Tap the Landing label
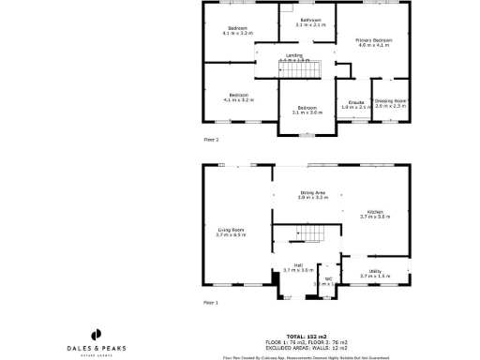tap(293, 57)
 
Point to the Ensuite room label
tap(356, 104)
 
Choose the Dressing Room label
tap(390, 103)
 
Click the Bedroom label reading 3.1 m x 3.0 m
tap(307, 110)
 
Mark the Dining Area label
tap(313, 195)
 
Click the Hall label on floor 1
tap(297, 267)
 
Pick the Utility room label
tap(374, 274)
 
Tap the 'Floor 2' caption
tap(211, 140)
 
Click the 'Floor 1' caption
tap(211, 303)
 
